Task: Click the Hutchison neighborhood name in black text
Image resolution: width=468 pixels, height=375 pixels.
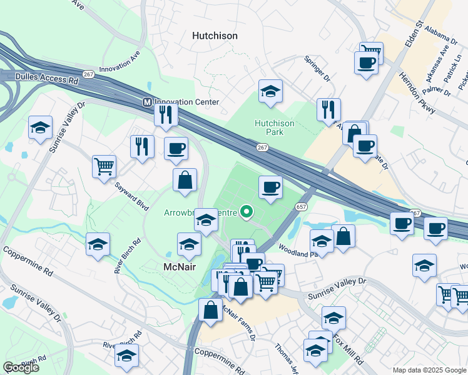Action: (x=215, y=36)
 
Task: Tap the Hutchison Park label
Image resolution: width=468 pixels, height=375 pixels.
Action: (x=274, y=127)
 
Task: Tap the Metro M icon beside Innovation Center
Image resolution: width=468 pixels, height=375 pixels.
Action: (x=147, y=102)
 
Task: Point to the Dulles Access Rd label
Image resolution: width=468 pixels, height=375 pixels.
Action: (x=39, y=80)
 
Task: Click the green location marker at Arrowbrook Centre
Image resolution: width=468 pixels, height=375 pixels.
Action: (x=247, y=212)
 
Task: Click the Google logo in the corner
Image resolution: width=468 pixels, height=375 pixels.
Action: (x=21, y=367)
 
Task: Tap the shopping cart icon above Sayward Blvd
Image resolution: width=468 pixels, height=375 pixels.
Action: (x=104, y=167)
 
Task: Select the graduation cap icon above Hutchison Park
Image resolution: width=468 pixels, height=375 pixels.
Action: (x=270, y=91)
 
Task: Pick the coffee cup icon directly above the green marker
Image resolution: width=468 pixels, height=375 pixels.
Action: (x=270, y=187)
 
